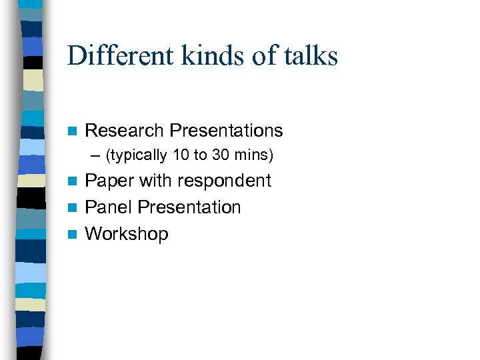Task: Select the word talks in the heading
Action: tap(310, 56)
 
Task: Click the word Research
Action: tap(125, 131)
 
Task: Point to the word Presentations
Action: tap(226, 131)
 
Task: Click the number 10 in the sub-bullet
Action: tap(180, 155)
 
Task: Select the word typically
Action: tap(139, 156)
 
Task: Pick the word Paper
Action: tap(108, 181)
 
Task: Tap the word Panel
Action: tap(109, 207)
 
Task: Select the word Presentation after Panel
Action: tap(189, 207)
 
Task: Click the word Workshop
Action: tap(127, 234)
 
